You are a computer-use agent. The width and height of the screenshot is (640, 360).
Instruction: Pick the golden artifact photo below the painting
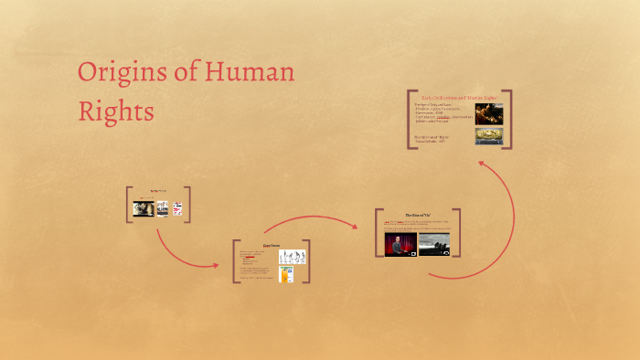[487, 135]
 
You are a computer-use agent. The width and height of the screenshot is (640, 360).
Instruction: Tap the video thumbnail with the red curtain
[400, 243]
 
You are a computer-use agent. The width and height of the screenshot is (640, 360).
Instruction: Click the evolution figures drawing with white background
[291, 256]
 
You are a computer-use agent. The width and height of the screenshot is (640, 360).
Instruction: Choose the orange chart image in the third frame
[286, 273]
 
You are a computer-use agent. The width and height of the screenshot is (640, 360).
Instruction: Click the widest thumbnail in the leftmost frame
[143, 208]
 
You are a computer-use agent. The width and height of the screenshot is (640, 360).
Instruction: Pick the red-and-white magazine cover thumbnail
[177, 208]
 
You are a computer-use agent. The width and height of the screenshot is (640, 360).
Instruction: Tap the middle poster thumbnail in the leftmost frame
[161, 208]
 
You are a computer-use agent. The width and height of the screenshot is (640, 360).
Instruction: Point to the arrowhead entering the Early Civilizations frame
[484, 162]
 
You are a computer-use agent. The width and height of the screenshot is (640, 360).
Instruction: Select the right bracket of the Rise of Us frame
[458, 233]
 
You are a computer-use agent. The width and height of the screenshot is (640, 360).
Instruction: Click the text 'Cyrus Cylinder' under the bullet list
[432, 142]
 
